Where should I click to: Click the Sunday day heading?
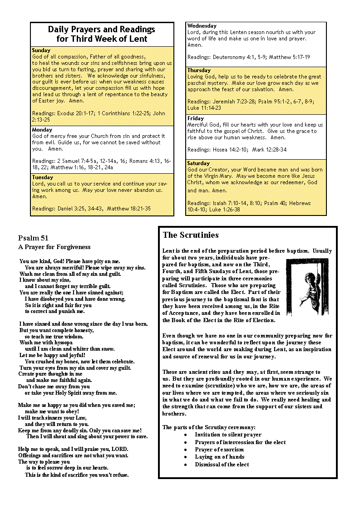coord(41,50)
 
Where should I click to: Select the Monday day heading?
coord(42,130)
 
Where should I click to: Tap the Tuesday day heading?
coord(43,177)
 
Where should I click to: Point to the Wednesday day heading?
coord(202,26)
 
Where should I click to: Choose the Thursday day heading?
coord(199,70)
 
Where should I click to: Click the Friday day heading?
coord(196,118)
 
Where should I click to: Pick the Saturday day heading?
coord(198,163)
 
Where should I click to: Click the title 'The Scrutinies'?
coord(191,235)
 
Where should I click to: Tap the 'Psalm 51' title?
coord(33,238)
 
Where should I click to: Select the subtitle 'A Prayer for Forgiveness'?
coord(54,247)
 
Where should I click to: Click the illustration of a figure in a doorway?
coord(307,287)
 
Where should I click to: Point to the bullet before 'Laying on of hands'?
coord(186,457)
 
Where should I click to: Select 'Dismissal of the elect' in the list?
coord(222,464)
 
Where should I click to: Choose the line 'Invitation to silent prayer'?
coord(228,435)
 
